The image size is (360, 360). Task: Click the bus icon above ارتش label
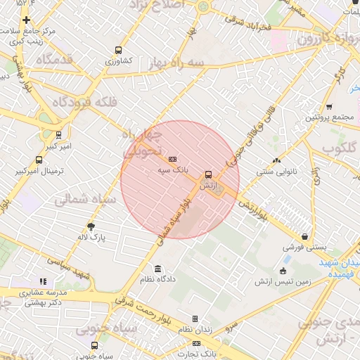tap(207, 174)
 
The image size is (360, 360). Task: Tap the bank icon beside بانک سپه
tap(172, 159)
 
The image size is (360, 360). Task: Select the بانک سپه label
tap(172, 169)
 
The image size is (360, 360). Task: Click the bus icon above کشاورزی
tap(118, 50)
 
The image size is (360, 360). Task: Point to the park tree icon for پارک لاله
tap(91, 226)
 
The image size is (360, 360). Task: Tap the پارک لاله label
tap(91, 238)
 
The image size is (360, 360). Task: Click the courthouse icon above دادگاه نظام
tap(157, 269)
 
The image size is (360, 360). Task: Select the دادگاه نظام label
tap(157, 280)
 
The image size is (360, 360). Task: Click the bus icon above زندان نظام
tap(195, 319)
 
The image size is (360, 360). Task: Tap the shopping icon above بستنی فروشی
tap(304, 237)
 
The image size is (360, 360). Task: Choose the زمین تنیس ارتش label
tap(284, 282)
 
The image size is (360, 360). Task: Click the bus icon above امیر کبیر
tap(58, 134)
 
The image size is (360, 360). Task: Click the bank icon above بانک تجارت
tap(196, 343)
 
